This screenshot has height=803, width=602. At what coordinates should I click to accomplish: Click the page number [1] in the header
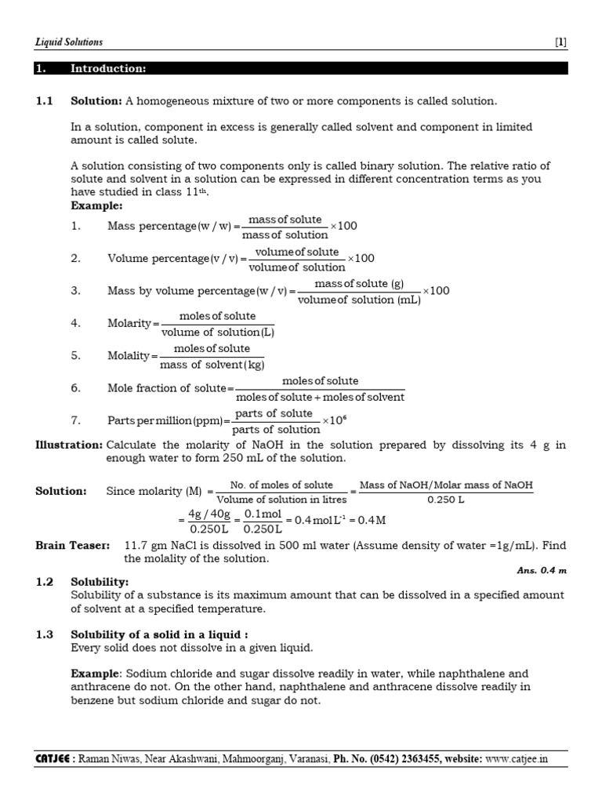point(560,42)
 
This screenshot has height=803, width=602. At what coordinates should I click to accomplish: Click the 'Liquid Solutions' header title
point(69,42)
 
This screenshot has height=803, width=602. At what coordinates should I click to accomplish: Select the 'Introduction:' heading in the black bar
point(108,69)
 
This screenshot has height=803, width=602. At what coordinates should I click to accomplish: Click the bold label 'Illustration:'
point(69,445)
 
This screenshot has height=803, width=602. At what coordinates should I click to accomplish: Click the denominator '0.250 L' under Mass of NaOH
point(446,499)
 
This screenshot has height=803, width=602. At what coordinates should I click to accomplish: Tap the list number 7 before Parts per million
point(75,420)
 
